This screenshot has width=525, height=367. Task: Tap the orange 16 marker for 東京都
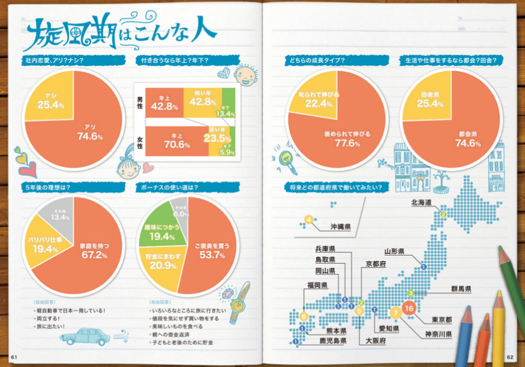[410, 308]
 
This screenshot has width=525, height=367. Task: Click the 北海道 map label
[421, 202]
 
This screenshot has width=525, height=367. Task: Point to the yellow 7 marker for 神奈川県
[396, 314]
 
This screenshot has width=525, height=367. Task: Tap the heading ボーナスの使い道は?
[178, 187]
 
